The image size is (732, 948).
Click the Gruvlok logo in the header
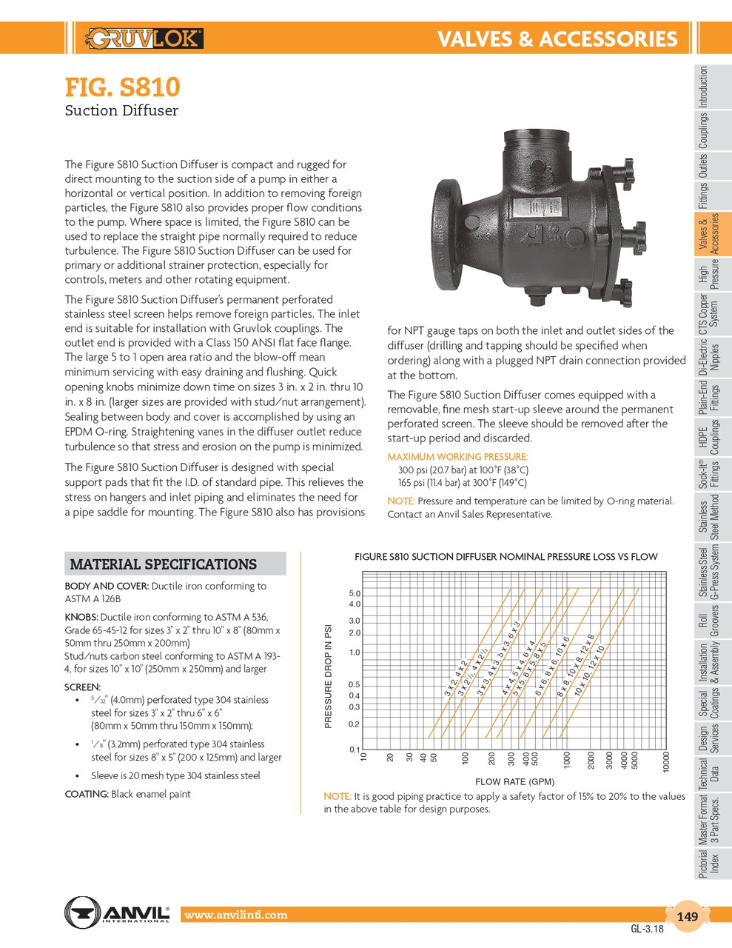click(144, 39)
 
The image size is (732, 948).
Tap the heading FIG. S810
click(122, 87)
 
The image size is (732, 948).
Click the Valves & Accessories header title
click(557, 39)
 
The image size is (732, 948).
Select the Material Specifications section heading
click(163, 564)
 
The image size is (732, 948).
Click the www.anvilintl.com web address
click(235, 915)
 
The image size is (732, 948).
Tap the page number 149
click(687, 917)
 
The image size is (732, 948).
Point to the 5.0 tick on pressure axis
click(354, 594)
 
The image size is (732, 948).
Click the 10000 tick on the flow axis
click(666, 762)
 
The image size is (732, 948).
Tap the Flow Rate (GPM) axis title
click(514, 781)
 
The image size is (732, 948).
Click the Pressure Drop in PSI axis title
click(329, 675)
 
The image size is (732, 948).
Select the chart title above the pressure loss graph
click(506, 557)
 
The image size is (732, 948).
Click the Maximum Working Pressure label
click(457, 457)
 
